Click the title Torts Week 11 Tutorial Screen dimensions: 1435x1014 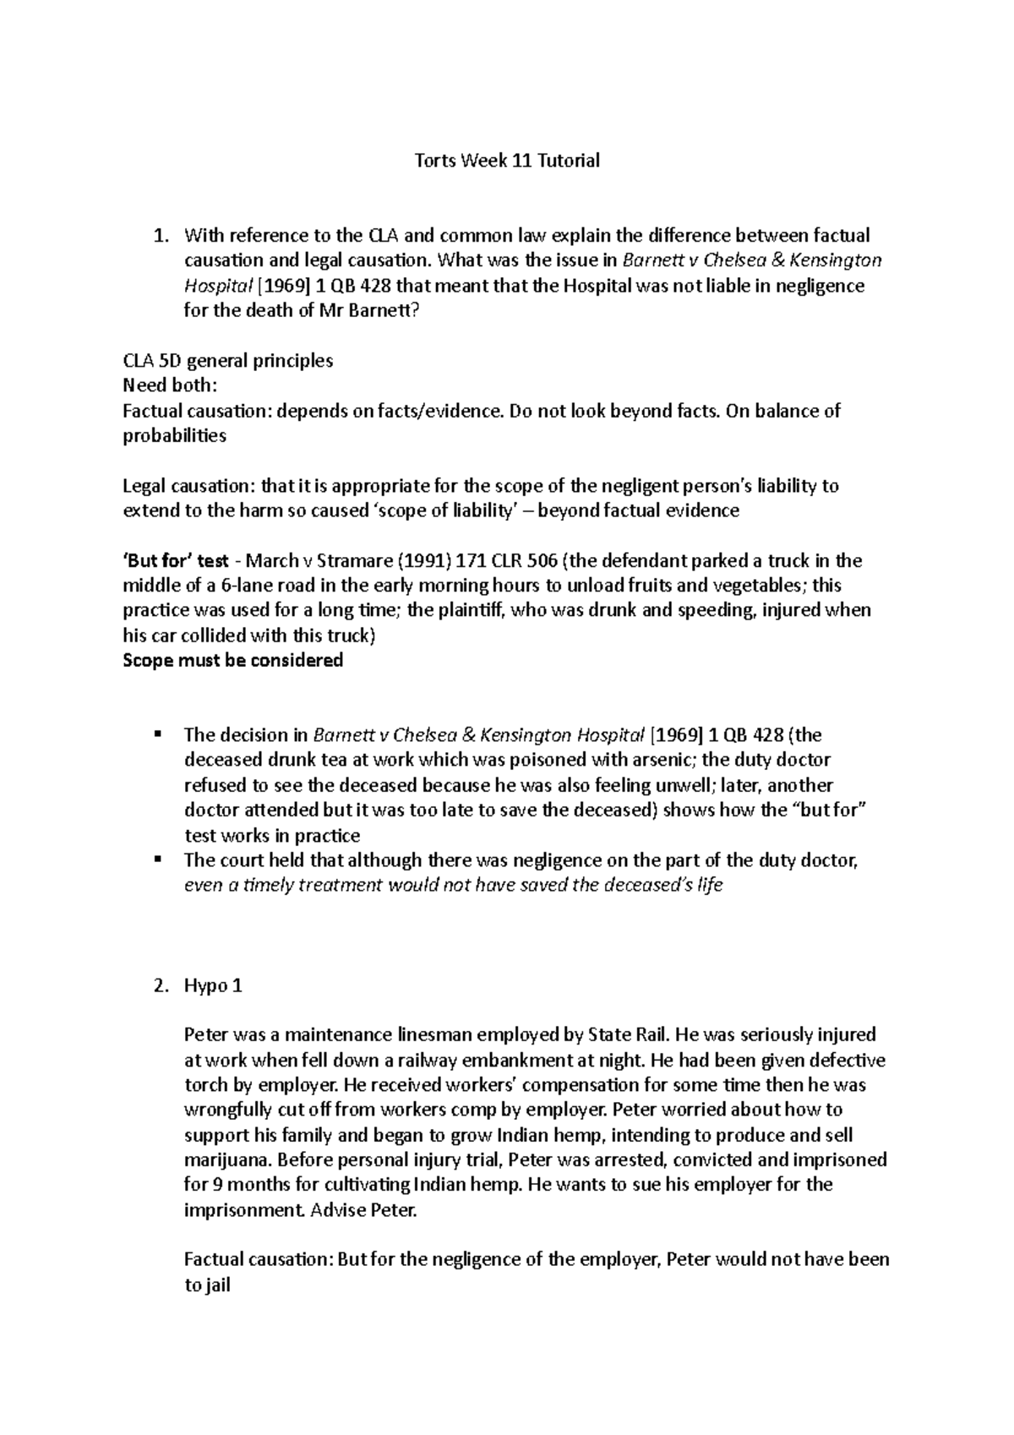point(507,161)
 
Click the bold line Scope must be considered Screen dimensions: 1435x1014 point(232,661)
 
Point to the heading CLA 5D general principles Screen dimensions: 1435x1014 point(227,361)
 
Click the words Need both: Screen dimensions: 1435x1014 point(170,386)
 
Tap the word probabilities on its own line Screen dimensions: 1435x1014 point(174,436)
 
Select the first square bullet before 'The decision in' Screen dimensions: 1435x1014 point(158,734)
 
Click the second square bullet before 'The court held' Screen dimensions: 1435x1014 point(158,860)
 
